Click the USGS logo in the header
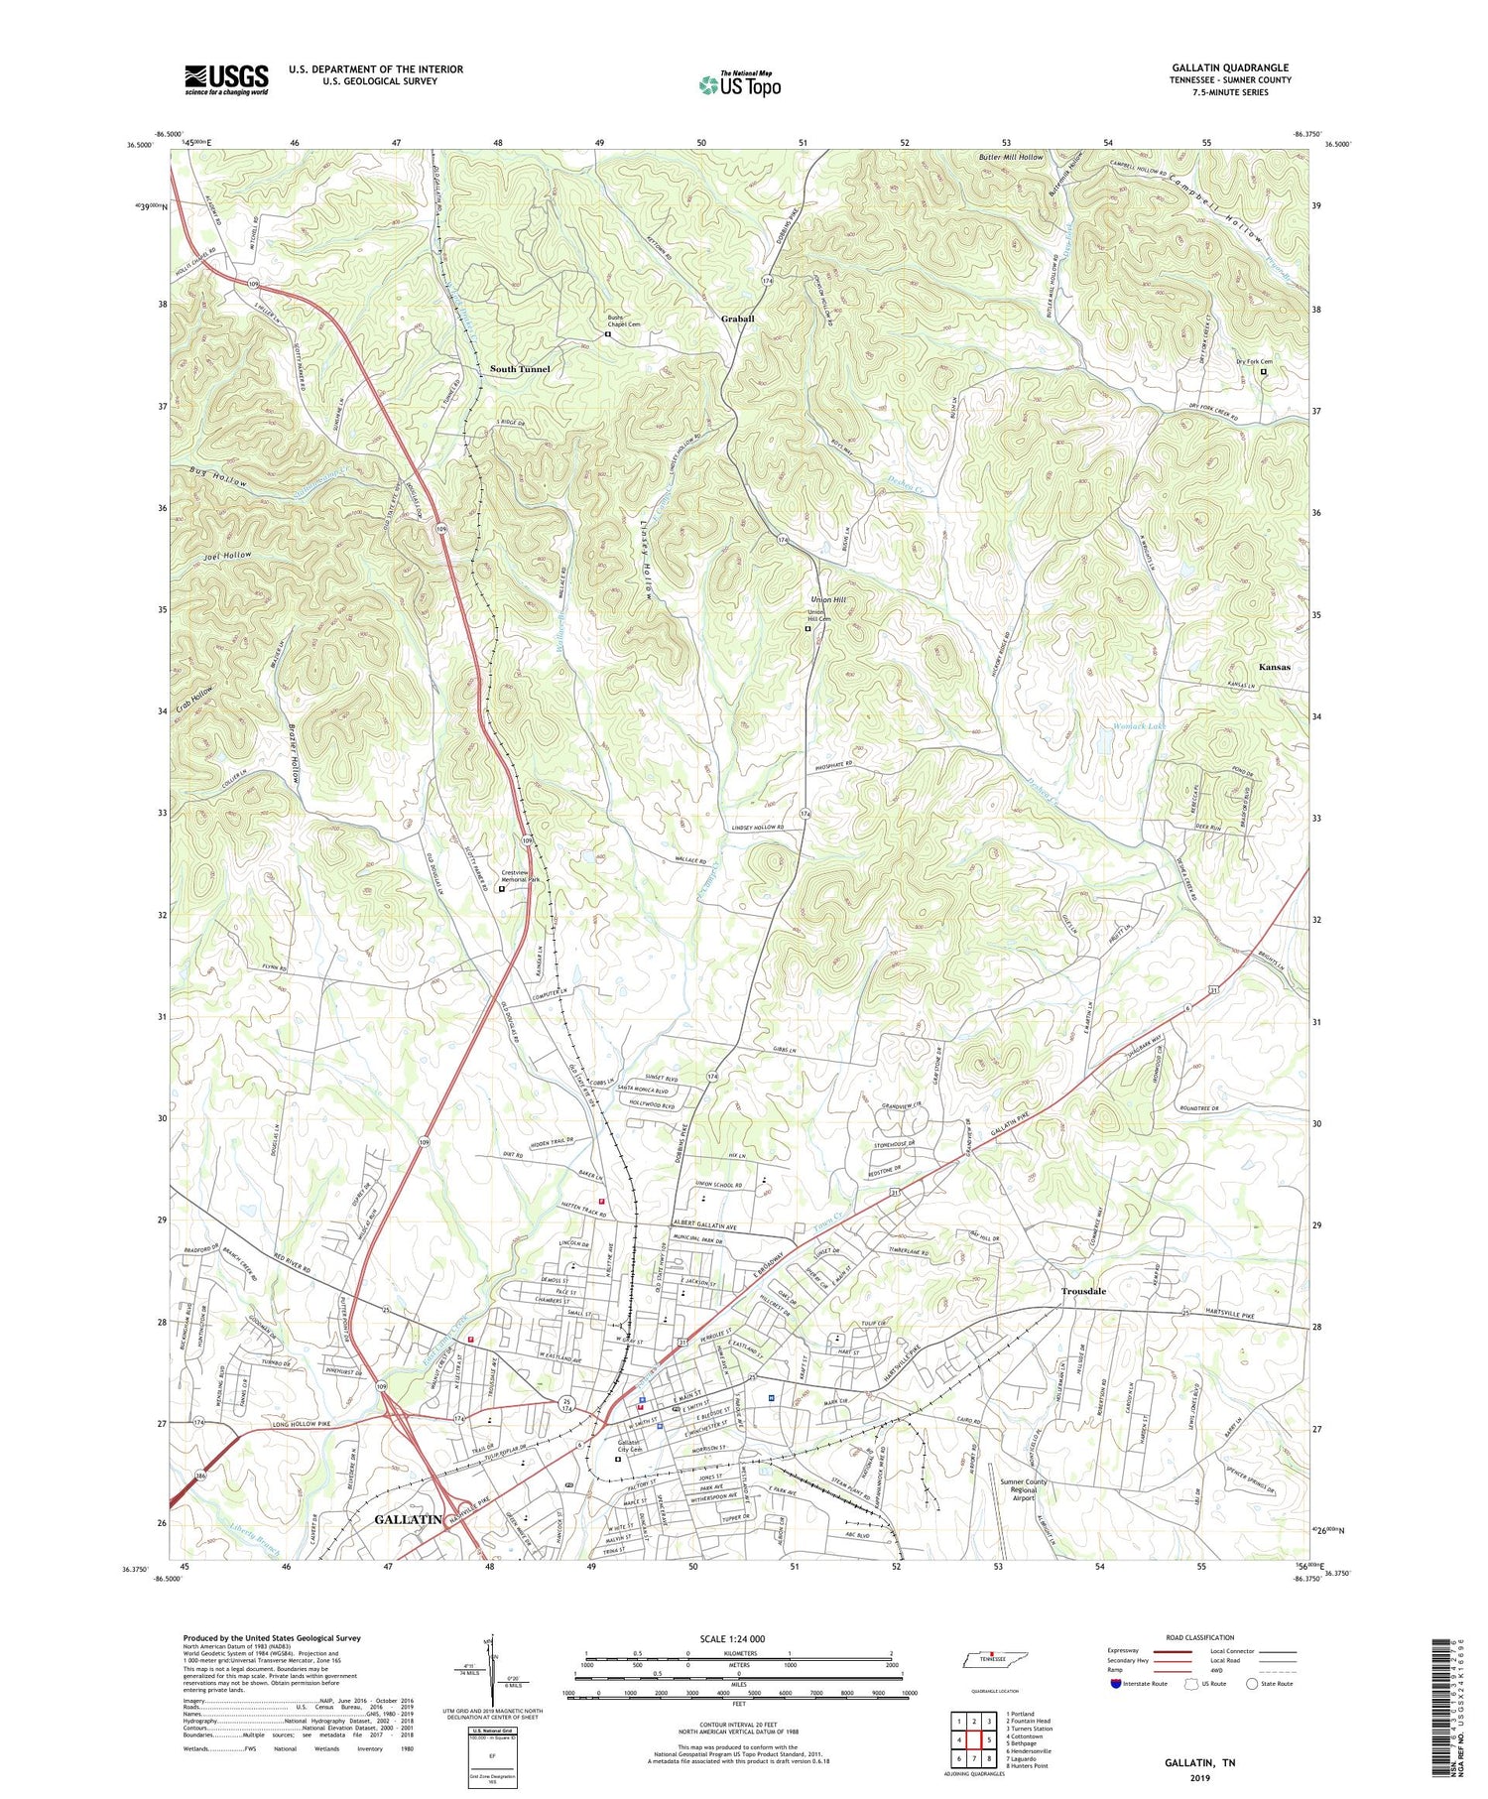click(x=226, y=79)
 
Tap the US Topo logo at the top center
click(x=739, y=85)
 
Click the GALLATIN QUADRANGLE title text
click(x=1230, y=67)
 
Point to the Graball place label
click(x=737, y=319)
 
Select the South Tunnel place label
click(x=520, y=369)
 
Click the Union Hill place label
click(x=828, y=600)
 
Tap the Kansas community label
click(x=1274, y=667)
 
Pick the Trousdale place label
click(x=1083, y=1291)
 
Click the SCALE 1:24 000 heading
click(x=738, y=1639)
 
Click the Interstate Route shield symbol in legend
click(x=1116, y=1683)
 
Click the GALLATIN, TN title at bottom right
click(x=1200, y=1762)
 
